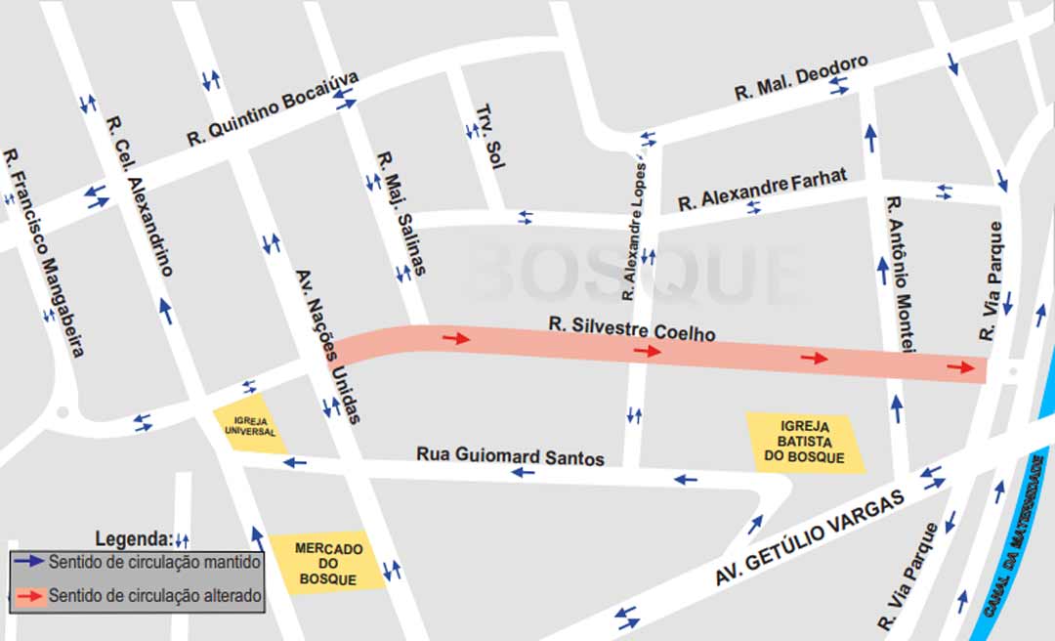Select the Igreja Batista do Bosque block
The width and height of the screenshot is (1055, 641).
pos(805,443)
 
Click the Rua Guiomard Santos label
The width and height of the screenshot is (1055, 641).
pos(510,456)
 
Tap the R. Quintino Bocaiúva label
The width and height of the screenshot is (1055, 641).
pos(273,109)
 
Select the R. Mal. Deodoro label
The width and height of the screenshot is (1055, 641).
pos(801,77)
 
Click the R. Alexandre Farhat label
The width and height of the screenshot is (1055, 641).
pos(762,190)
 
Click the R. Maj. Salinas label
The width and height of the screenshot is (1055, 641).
pos(401,213)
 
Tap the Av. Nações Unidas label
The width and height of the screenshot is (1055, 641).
pos(328,346)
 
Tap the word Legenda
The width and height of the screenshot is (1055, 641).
pos(133,538)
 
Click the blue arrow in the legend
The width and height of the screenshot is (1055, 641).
pos(28,562)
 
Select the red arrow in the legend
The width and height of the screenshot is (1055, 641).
pos(28,594)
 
